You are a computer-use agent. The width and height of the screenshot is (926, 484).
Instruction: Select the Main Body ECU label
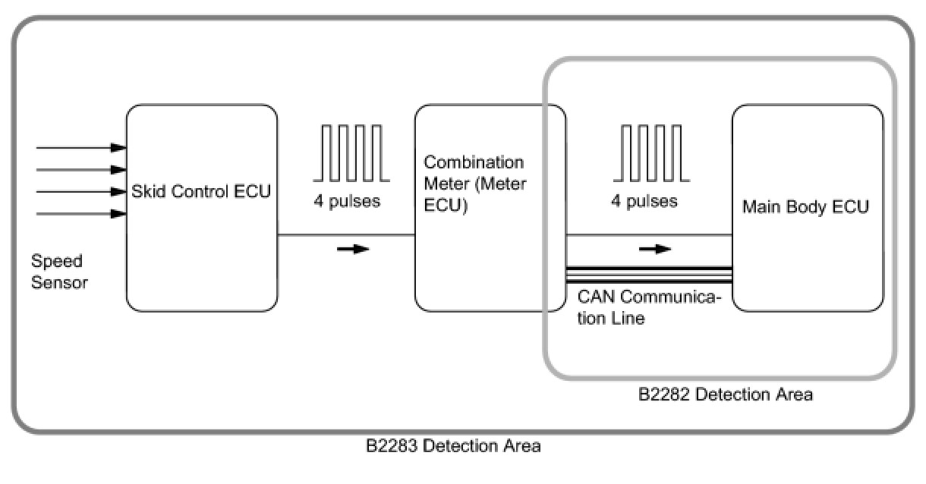[x=805, y=207]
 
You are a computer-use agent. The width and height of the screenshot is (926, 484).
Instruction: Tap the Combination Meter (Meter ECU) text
[x=474, y=184]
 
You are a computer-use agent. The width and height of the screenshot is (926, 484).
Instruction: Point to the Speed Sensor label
[x=59, y=272]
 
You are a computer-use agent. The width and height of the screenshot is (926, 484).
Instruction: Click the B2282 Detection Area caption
[x=725, y=394]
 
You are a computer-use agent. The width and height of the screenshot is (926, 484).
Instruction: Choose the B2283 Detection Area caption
[x=453, y=446]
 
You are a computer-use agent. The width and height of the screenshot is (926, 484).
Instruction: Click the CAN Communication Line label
[x=647, y=307]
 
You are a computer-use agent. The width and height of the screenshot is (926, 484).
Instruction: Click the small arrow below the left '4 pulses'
[x=352, y=249]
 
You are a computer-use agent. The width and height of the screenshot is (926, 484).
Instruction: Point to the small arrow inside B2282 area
[x=654, y=249]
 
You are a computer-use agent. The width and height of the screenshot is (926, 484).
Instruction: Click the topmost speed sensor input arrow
[x=80, y=147]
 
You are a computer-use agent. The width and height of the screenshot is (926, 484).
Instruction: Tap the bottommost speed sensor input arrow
[x=80, y=214]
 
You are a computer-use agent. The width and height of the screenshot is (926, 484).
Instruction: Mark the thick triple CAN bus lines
[x=649, y=274]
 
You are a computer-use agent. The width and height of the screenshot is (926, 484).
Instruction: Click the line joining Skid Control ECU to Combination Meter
[x=346, y=235]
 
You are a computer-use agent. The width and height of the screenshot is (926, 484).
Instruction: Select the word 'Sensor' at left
[x=59, y=283]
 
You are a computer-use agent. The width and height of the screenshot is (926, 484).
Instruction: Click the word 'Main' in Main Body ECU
[x=759, y=207]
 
